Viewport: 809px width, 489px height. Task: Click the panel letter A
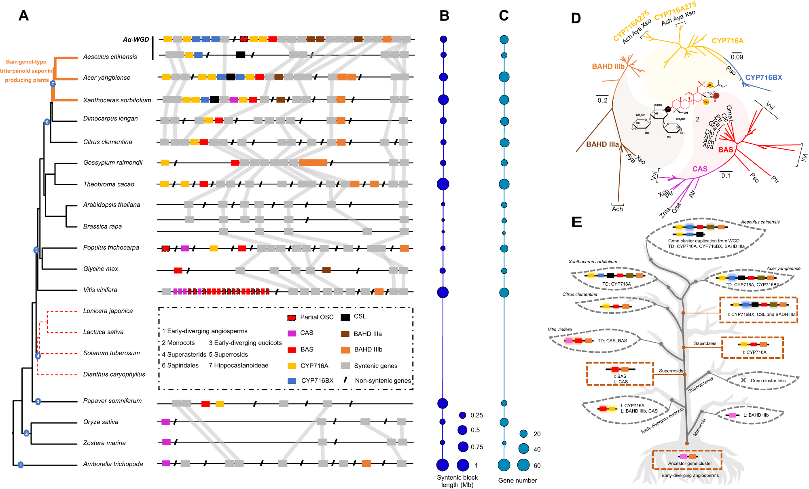tap(23, 16)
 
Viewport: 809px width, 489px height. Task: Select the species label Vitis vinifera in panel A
tap(100, 290)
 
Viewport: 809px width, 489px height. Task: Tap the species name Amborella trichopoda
tap(113, 464)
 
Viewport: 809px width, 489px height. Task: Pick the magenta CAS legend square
tap(292, 333)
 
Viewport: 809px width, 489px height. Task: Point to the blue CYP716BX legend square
tap(292, 381)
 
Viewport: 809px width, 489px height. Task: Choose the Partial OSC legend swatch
tap(292, 318)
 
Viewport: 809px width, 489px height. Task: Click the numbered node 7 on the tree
tap(52, 84)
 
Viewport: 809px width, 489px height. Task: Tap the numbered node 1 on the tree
tap(21, 465)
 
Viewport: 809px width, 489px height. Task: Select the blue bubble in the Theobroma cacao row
tap(443, 184)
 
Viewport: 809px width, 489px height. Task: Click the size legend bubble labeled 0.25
tap(463, 415)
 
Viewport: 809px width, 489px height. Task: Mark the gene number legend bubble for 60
tap(523, 465)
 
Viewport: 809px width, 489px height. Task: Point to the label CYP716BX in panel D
tap(764, 78)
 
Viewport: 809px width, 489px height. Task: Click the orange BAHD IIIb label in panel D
tap(608, 67)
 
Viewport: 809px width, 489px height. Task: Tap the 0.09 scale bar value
tap(737, 57)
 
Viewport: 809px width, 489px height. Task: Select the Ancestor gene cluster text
tap(690, 464)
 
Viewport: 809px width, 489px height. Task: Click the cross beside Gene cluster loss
tap(743, 380)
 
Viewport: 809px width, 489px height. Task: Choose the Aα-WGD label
tap(136, 40)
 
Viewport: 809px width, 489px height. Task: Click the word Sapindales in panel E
tap(705, 343)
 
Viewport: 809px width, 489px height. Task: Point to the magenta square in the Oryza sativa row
tap(165, 422)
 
